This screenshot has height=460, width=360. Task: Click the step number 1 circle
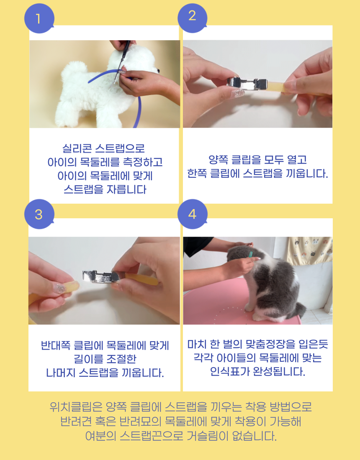tap(39, 18)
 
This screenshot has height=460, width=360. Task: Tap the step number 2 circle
tap(192, 18)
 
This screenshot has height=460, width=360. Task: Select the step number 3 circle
tap(39, 214)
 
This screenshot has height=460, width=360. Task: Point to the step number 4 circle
tap(192, 214)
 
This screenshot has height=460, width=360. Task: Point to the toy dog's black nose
tap(158, 71)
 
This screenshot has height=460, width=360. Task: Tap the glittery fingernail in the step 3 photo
tap(61, 289)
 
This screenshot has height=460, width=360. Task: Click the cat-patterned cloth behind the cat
tap(309, 251)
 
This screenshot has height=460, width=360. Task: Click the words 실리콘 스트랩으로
tap(104, 148)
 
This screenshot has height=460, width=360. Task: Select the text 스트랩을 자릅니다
tap(105, 189)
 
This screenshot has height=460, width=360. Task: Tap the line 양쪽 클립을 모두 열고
tap(257, 160)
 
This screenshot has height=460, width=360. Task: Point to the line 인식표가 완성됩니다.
tap(257, 372)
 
